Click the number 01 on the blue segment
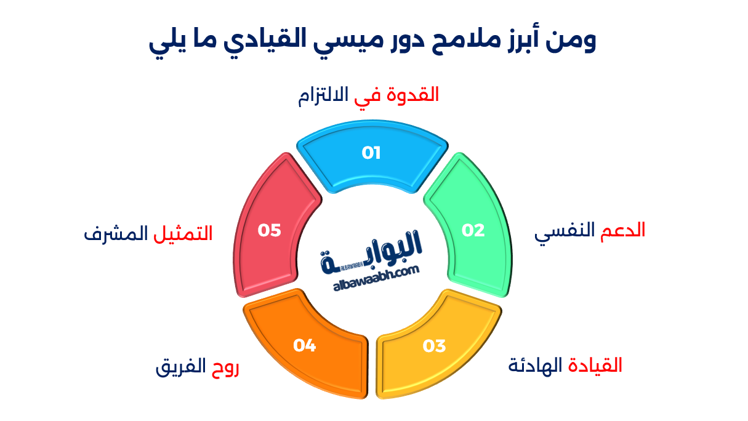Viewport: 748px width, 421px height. [371, 153]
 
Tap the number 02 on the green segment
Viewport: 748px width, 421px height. [473, 230]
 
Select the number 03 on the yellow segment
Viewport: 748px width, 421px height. [434, 346]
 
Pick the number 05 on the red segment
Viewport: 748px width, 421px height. [269, 230]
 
